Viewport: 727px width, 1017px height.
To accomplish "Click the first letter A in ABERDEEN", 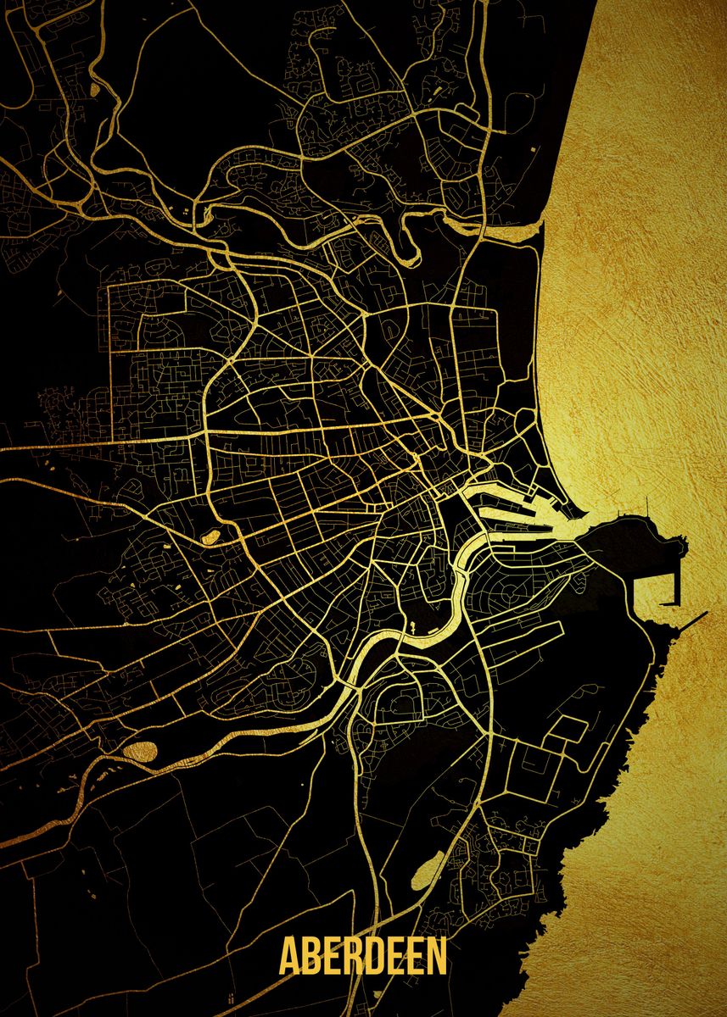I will pos(291,956).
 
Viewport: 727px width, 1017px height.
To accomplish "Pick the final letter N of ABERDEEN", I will pos(436,956).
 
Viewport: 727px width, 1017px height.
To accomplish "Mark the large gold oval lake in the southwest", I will pos(140,751).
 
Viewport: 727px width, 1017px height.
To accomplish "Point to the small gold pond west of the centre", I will pos(209,536).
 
